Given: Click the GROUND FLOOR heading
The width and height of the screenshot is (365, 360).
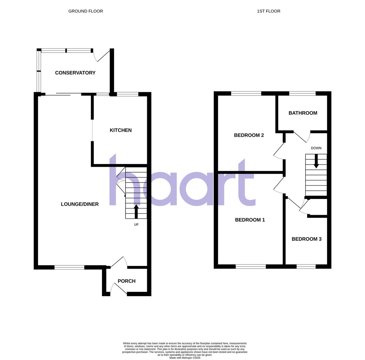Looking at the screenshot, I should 85,11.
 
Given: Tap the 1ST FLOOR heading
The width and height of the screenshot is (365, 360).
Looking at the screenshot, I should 269,11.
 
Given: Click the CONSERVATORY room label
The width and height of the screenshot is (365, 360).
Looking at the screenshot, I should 75,73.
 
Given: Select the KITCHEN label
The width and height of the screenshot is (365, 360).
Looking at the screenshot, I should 121,130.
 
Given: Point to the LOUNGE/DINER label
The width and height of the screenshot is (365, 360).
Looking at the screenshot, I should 80,204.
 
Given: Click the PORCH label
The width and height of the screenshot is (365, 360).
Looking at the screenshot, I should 127,281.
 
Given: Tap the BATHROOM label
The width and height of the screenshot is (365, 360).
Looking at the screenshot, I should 303,113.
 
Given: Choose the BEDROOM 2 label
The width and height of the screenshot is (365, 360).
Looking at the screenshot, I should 249,135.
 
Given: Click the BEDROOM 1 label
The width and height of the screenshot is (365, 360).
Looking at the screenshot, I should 250,220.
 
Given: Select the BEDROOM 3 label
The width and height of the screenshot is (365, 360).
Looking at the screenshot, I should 307,239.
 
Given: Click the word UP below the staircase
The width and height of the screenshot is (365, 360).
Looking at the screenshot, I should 136,225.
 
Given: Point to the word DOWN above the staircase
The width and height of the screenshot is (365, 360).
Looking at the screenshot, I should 316,148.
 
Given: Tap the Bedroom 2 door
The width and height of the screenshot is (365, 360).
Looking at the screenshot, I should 279,151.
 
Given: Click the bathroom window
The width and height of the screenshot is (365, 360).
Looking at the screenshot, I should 302,93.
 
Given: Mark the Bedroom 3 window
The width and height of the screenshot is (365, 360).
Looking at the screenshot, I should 306,267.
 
